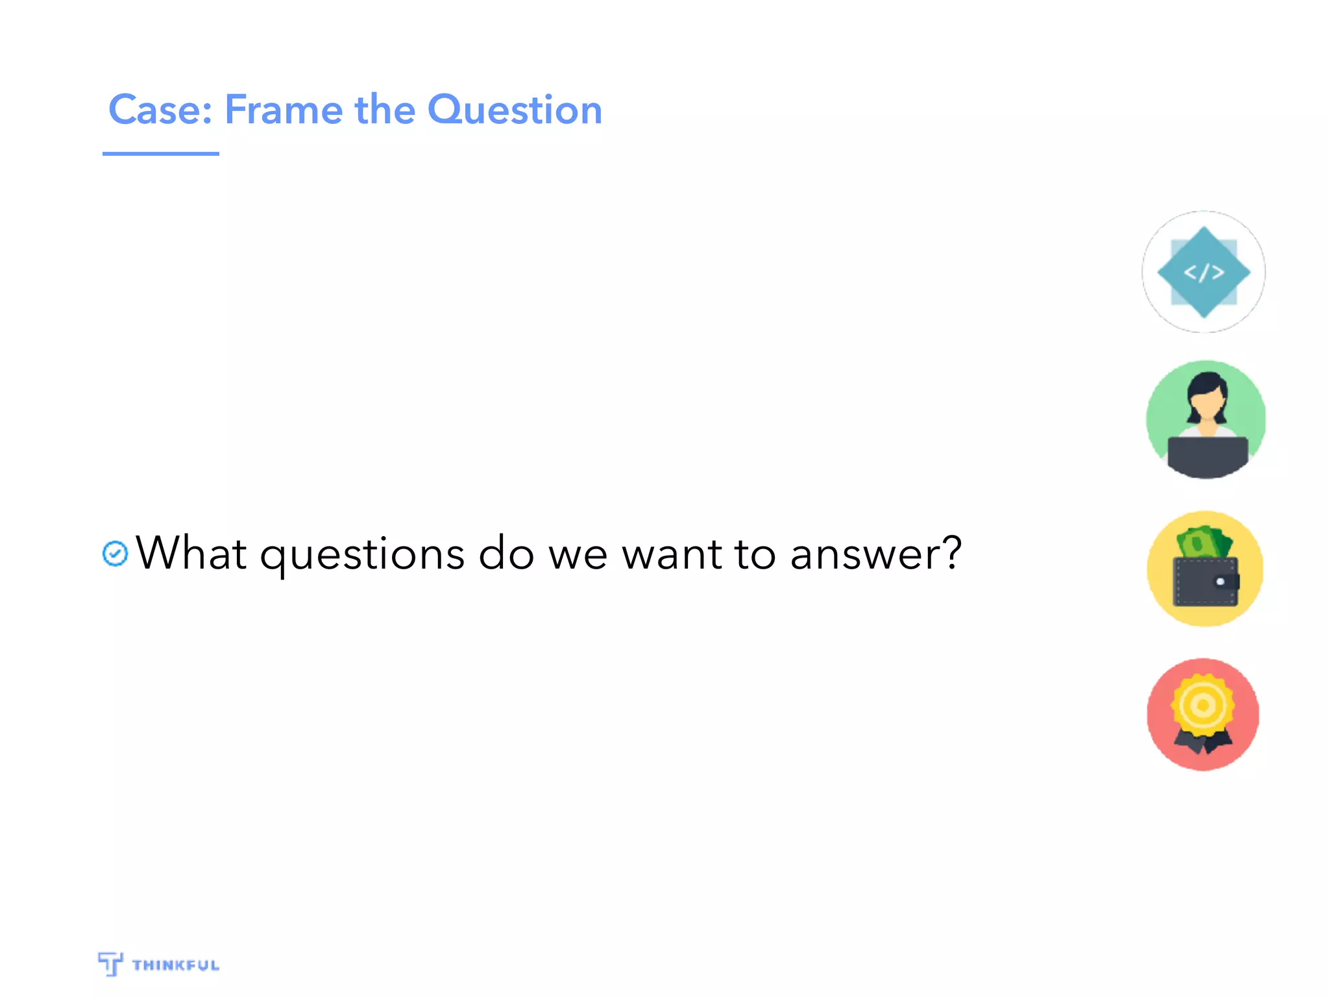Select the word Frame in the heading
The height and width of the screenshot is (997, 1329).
click(x=284, y=110)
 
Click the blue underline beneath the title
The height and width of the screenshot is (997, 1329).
click(x=160, y=154)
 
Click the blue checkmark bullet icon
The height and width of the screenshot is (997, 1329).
click(x=116, y=554)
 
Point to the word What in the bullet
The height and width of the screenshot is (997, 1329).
click(x=191, y=554)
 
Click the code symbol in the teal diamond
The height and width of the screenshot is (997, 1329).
click(x=1204, y=273)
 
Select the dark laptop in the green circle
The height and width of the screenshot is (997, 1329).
click(x=1207, y=454)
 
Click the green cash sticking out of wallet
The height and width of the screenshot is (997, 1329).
click(x=1204, y=542)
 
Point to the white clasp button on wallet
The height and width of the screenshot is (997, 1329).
click(x=1220, y=582)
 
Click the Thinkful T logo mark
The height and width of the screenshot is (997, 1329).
click(x=110, y=963)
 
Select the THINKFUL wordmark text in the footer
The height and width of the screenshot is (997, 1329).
click(x=176, y=965)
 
